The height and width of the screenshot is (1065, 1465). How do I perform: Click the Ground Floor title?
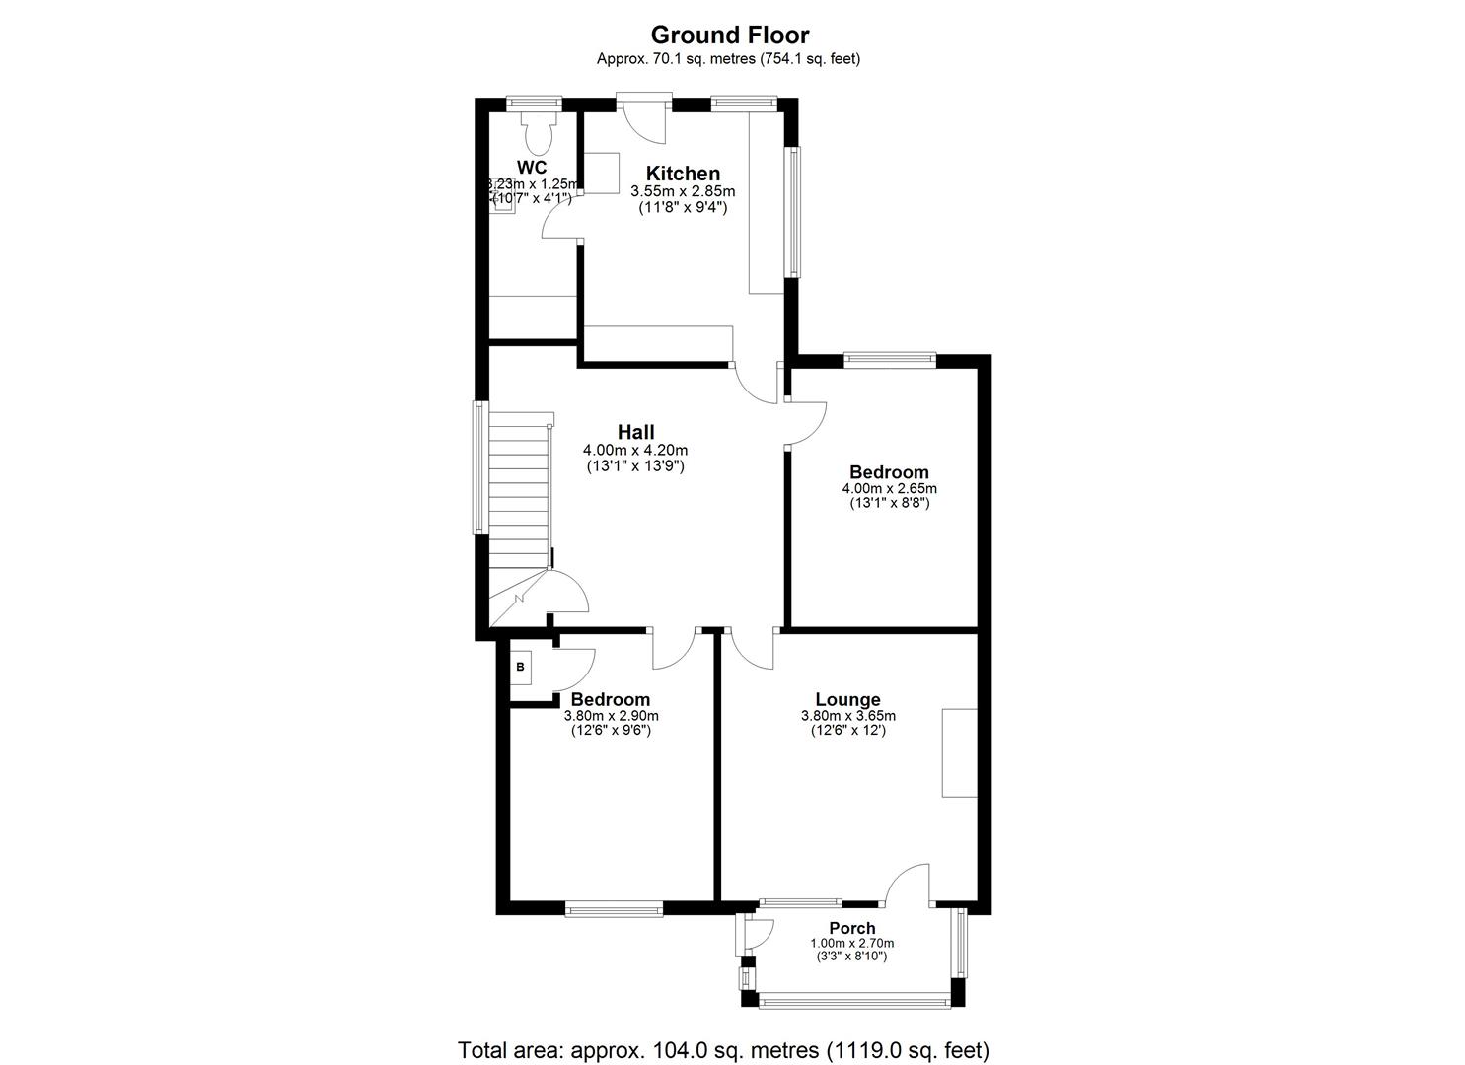pos(729,35)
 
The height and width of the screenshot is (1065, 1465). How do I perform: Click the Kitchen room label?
pos(683,174)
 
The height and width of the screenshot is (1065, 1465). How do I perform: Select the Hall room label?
pos(635,432)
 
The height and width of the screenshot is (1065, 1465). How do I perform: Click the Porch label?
pos(851,928)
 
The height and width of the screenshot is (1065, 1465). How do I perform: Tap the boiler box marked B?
pos(521,668)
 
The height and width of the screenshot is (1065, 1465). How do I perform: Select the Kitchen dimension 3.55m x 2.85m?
pos(683,191)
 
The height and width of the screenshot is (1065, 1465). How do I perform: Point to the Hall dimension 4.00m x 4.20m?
pos(635,450)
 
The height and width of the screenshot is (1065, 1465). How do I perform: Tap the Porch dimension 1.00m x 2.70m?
pos(851,943)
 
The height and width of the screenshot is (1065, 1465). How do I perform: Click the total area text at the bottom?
pos(723,1049)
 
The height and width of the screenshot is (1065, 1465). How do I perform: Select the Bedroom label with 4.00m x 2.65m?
pos(889,472)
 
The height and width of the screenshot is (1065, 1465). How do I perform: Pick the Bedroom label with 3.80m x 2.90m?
pos(611,700)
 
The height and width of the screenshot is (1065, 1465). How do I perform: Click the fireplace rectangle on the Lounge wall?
pos(958,752)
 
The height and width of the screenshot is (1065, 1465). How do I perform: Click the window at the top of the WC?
pos(534,101)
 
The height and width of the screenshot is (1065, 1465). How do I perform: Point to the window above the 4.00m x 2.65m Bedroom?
pos(889,359)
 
